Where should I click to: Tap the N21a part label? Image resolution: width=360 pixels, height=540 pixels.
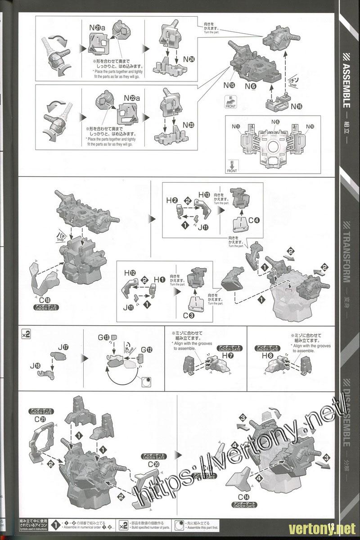click(x=97, y=28)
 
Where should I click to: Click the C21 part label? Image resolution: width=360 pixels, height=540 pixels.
click(x=40, y=419)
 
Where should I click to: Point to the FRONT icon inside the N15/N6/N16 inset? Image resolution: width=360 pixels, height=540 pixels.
click(x=232, y=166)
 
